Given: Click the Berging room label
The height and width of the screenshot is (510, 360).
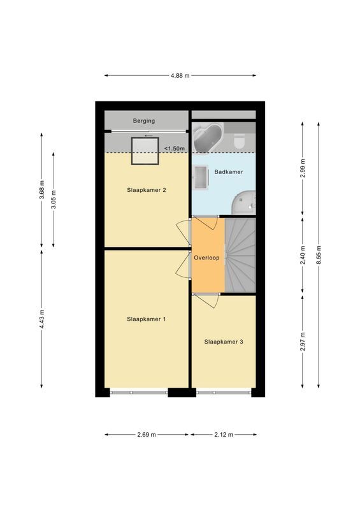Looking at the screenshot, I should (x=144, y=120).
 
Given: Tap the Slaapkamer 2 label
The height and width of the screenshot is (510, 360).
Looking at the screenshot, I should (x=147, y=190).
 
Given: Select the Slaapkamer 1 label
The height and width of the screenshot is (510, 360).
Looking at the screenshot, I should (x=147, y=319).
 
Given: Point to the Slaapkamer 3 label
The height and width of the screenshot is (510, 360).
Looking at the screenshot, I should (x=224, y=342).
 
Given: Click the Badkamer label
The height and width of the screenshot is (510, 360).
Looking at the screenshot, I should (x=229, y=172).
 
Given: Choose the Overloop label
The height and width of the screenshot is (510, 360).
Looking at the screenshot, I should (x=207, y=258).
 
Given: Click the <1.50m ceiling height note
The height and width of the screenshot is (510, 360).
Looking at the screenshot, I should (x=174, y=149).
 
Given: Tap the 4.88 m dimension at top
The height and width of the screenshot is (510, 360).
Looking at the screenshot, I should (x=180, y=75).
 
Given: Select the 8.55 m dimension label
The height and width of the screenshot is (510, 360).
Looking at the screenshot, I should (x=319, y=253).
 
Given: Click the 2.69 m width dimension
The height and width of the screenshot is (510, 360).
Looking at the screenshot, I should (x=147, y=434).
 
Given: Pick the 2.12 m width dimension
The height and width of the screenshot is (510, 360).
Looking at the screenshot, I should (x=224, y=434).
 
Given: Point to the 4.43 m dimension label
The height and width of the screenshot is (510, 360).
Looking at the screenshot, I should (x=42, y=318).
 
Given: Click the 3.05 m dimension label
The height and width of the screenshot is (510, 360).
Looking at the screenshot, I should (x=53, y=200).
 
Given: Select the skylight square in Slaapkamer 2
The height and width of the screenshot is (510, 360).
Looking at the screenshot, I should (x=145, y=151).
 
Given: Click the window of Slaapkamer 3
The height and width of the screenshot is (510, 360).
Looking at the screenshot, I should (x=224, y=393).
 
